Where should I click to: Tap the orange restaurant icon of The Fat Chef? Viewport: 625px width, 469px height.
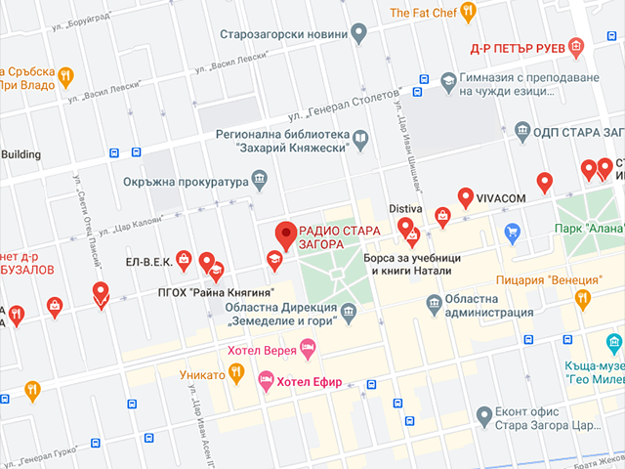pos(468,12)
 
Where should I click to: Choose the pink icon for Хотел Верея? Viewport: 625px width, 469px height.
pos(308,347)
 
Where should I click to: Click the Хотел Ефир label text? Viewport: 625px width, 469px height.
pos(310,382)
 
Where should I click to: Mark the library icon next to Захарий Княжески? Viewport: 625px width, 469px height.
pos(359,141)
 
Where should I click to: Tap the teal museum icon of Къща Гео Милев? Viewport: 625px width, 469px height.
pos(613,343)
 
